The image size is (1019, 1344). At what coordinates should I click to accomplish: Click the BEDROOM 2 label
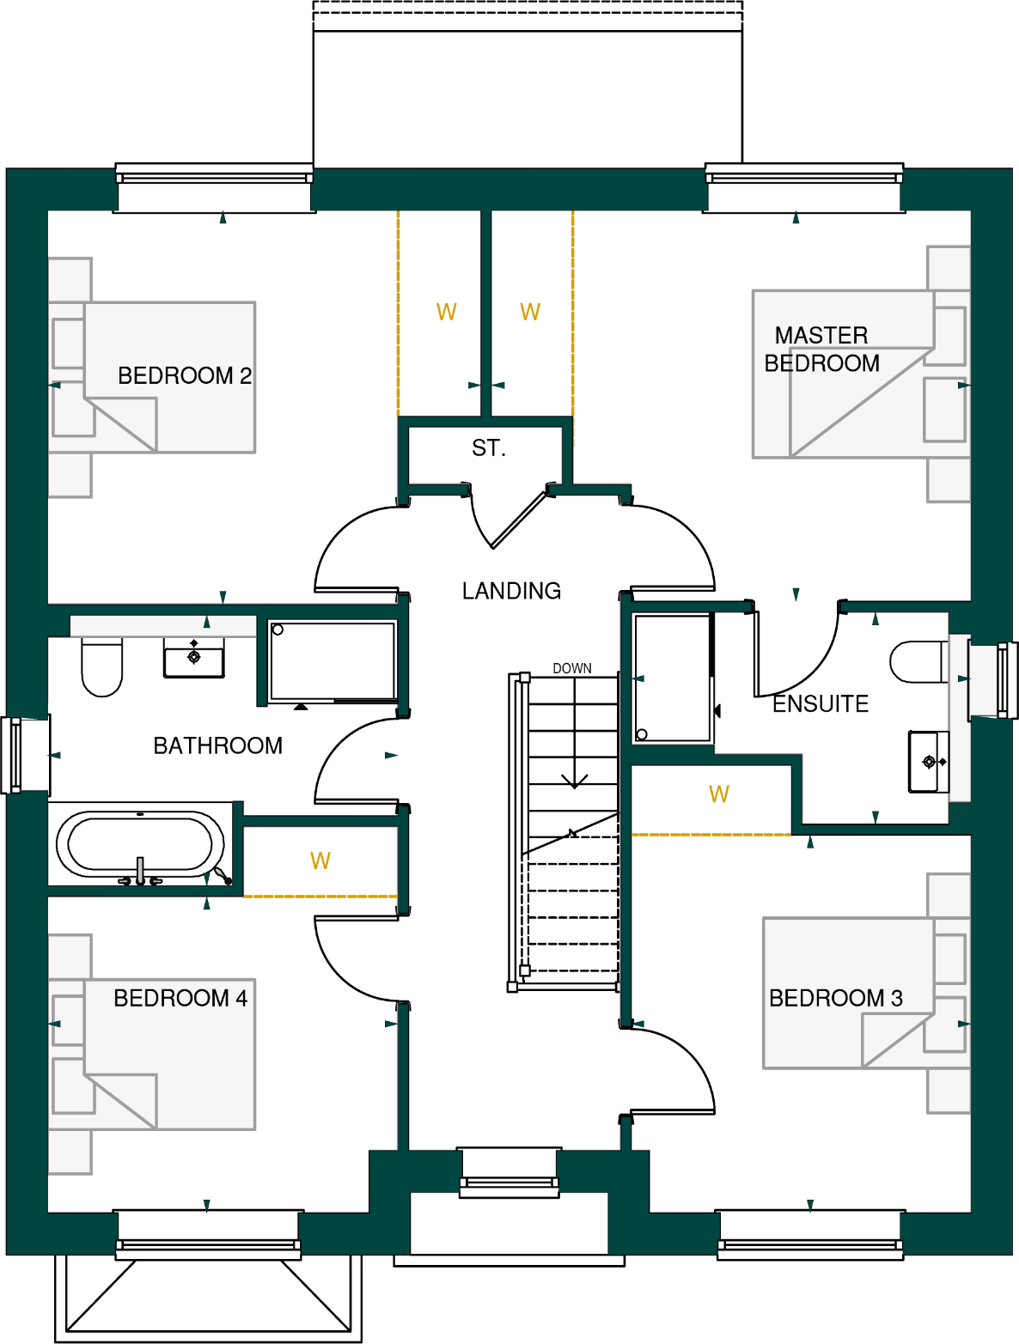[x=184, y=376]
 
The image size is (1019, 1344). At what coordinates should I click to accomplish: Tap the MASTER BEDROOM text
[x=821, y=350]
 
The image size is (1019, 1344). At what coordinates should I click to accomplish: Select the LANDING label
[x=511, y=591]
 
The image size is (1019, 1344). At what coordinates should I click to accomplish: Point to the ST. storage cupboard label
[x=488, y=448]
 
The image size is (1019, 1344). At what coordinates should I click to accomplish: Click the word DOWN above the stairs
[x=571, y=668]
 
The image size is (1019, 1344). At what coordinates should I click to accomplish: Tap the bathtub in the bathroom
[x=139, y=844]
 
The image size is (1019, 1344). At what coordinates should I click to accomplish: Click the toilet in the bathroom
[x=101, y=667]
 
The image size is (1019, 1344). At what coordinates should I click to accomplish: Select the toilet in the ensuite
[x=918, y=662]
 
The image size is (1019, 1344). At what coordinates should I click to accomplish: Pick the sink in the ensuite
[x=929, y=761]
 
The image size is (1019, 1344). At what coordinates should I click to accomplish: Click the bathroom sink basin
[x=194, y=658]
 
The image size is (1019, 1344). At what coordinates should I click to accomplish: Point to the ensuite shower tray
[x=672, y=678]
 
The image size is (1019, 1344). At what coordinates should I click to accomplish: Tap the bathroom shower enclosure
[x=332, y=660]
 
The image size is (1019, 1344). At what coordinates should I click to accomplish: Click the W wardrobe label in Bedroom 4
[x=320, y=861]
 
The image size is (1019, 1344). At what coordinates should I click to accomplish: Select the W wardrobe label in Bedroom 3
[x=719, y=794]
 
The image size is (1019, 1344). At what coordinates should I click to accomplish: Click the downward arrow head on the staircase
[x=574, y=781]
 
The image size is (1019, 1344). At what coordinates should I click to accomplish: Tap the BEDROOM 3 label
[x=835, y=998]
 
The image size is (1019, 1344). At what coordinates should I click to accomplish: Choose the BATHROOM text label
[x=217, y=745]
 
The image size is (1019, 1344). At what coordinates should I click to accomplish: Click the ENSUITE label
[x=821, y=704]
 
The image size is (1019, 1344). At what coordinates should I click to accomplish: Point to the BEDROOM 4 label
[x=180, y=998]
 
